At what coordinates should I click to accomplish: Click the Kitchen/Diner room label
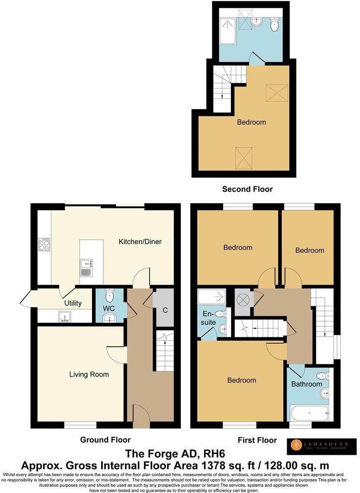[140, 242]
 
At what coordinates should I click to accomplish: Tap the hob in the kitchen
[45, 244]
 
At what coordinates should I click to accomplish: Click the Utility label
[73, 303]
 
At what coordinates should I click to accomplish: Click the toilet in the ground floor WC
[109, 295]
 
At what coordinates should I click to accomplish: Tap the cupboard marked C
[165, 310]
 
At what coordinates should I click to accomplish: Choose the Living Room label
[89, 375]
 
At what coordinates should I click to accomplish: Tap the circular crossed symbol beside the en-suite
[243, 298]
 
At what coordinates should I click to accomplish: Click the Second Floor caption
[247, 189]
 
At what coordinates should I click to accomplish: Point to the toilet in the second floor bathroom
[274, 24]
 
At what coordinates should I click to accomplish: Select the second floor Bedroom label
[251, 122]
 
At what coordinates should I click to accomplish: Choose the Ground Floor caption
[105, 440]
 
